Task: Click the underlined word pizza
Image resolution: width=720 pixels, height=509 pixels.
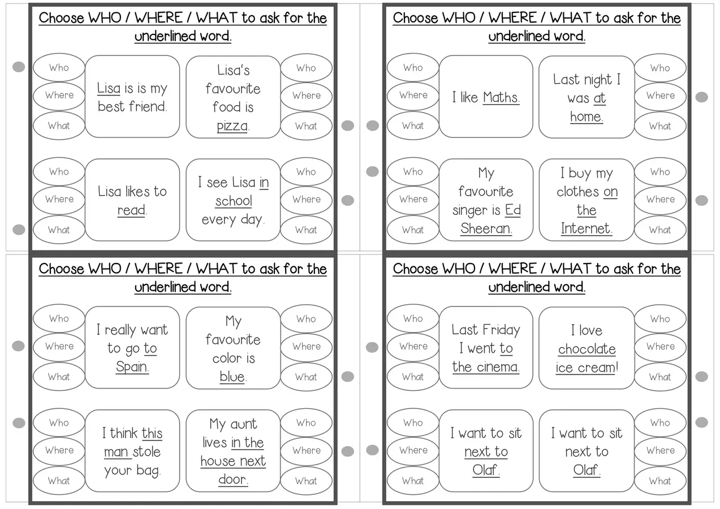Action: pyautogui.click(x=232, y=126)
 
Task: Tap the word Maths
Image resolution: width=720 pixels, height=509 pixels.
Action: pyautogui.click(x=501, y=97)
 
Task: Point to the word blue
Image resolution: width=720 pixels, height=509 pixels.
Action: pyautogui.click(x=232, y=376)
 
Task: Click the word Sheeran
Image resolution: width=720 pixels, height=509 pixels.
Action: pyautogui.click(x=485, y=228)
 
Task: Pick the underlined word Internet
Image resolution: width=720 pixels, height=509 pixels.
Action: pyautogui.click(x=585, y=228)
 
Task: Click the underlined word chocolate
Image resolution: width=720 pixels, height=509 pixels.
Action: pyautogui.click(x=587, y=349)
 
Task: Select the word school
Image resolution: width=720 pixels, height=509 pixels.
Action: pyautogui.click(x=234, y=201)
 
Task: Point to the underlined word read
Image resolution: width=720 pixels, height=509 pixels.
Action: pyautogui.click(x=131, y=210)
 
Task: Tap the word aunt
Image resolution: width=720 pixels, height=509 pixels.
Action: pyautogui.click(x=244, y=424)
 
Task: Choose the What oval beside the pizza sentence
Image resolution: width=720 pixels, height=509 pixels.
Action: pyautogui.click(x=307, y=126)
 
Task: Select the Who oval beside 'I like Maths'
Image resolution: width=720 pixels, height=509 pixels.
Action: pyautogui.click(x=413, y=67)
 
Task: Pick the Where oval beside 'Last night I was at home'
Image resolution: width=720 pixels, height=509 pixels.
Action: pyautogui.click(x=661, y=96)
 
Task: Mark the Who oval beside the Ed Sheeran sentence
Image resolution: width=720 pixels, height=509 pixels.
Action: pyautogui.click(x=413, y=171)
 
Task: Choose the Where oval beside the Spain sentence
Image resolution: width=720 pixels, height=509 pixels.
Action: pyautogui.click(x=59, y=346)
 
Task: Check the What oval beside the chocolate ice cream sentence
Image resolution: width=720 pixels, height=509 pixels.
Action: pyautogui.click(x=661, y=377)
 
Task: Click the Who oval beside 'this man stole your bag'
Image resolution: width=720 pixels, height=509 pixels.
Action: pyautogui.click(x=59, y=422)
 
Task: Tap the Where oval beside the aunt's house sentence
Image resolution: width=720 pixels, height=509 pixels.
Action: pyautogui.click(x=307, y=450)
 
